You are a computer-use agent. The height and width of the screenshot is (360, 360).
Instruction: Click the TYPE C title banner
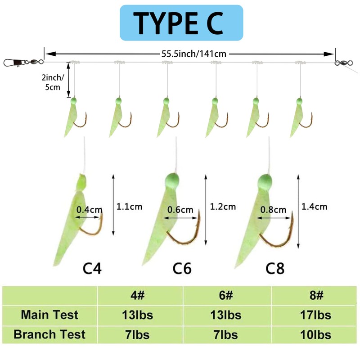tap(181, 23)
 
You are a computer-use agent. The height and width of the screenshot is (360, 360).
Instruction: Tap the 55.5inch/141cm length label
tap(194, 54)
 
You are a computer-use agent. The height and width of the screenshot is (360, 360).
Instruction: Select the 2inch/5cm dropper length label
tap(53, 82)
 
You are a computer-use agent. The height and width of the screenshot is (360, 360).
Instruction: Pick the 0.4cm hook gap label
tap(89, 210)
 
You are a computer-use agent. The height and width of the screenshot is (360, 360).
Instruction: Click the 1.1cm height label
tap(129, 207)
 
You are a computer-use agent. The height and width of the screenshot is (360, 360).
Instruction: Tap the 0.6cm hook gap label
tap(180, 210)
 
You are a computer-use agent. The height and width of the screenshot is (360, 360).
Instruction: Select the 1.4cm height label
tap(314, 207)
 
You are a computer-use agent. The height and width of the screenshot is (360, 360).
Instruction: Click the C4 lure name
tap(92, 268)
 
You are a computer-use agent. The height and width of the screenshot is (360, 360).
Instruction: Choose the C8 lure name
tap(275, 268)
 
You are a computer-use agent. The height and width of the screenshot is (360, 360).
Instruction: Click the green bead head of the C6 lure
tap(172, 179)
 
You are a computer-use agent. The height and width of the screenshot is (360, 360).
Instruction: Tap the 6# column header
tap(226, 295)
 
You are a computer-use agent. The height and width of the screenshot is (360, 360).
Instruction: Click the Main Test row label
tap(49, 315)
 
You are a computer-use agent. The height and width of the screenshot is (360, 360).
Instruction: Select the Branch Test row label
tap(49, 334)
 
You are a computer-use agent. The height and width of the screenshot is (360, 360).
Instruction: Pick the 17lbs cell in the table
tap(316, 315)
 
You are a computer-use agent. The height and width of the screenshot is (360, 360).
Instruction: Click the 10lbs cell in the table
tap(316, 335)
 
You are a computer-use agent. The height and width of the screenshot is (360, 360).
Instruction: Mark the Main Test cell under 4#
tap(138, 315)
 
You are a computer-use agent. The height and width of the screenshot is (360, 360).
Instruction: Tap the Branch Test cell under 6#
tap(226, 335)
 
